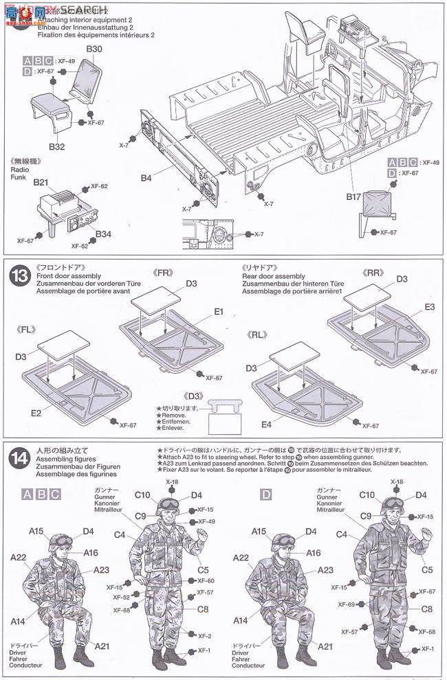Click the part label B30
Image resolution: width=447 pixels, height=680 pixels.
94,49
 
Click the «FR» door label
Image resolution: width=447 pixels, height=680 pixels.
164,273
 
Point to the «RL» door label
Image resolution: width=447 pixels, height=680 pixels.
258,336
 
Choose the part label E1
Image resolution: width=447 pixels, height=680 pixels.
218,311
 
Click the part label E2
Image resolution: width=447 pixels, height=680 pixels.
36,413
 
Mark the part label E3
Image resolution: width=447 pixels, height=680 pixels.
429,306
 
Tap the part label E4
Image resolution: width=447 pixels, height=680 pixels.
266,425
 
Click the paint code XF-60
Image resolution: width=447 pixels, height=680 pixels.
206,580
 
